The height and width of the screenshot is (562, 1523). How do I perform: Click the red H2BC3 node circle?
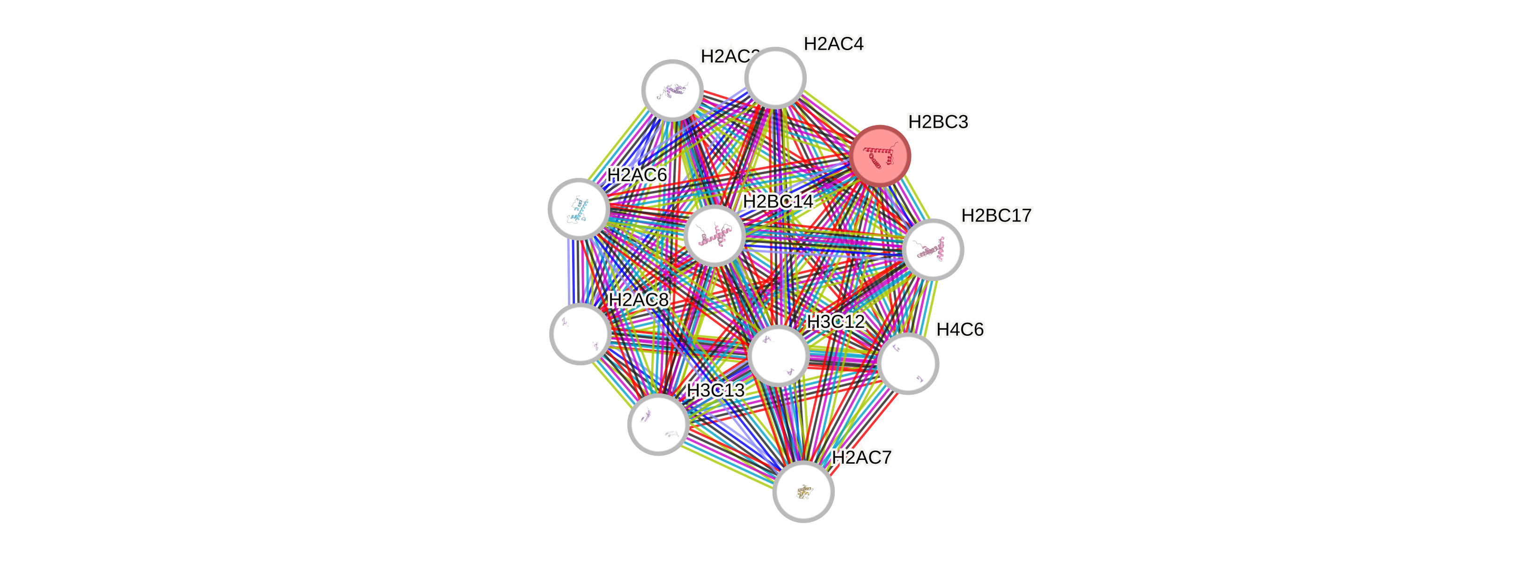pyautogui.click(x=880, y=155)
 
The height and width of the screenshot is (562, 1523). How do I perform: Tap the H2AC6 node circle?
pyautogui.click(x=579, y=209)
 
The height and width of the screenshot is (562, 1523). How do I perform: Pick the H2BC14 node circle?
pyautogui.click(x=714, y=236)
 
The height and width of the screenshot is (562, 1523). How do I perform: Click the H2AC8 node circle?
pyautogui.click(x=580, y=333)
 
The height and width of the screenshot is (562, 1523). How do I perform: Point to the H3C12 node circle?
pyautogui.click(x=778, y=355)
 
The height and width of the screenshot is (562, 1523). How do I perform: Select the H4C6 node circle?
pyautogui.click(x=907, y=363)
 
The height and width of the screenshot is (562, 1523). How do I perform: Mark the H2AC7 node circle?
pyautogui.click(x=803, y=492)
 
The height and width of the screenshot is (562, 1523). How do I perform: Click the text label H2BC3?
pyautogui.click(x=938, y=122)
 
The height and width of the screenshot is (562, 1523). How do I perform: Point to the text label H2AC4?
pyautogui.click(x=834, y=44)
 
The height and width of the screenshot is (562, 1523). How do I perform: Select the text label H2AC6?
pyautogui.click(x=637, y=175)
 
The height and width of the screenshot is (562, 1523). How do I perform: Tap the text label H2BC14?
pyautogui.click(x=778, y=201)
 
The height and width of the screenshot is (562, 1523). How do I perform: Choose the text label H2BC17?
pyautogui.click(x=996, y=215)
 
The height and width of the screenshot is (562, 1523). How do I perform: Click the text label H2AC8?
pyautogui.click(x=639, y=300)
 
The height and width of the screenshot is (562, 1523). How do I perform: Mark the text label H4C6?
pyautogui.click(x=960, y=330)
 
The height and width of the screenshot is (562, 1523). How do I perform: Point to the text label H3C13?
pyautogui.click(x=715, y=391)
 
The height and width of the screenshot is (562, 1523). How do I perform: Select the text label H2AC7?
pyautogui.click(x=861, y=457)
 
